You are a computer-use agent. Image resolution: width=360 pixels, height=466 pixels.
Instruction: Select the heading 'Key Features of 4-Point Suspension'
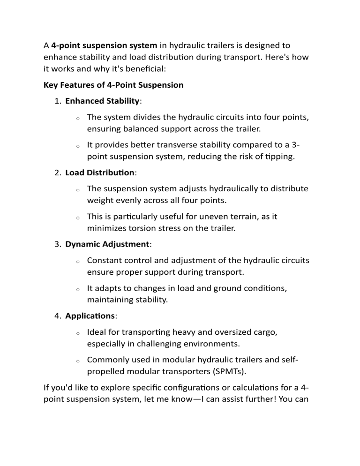coord(113,85)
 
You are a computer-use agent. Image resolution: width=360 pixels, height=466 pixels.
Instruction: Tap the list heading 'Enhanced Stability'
coord(102,101)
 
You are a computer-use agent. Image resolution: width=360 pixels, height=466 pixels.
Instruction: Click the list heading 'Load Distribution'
coord(99,173)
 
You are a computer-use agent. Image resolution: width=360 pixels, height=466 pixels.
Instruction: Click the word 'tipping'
coord(280,157)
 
